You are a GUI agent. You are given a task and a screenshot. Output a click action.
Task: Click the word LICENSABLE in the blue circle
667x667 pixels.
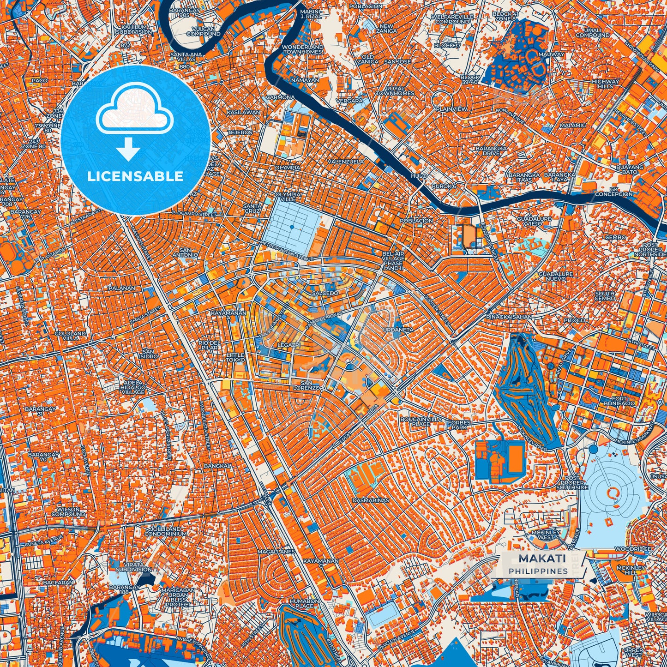pos(136,176)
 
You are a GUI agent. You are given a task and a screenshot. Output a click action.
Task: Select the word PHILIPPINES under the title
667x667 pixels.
pos(538,571)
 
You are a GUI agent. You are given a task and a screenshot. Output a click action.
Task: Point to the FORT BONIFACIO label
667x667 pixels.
pos(619,401)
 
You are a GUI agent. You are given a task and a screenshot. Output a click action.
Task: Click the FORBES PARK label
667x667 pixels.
pos(459,425)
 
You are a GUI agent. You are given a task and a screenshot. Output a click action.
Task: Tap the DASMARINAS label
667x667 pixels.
pos(370,500)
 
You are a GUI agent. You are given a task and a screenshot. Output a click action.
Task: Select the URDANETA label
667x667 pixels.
pos(398,330)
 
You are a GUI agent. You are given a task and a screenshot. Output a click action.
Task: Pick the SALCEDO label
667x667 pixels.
pos(324,293)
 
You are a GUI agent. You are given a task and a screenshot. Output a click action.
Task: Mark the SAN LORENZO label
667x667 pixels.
pos(310,385)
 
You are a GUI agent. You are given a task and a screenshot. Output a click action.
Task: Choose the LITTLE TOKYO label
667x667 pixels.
pos(235,357)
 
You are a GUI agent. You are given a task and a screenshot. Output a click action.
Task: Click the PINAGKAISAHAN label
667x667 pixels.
pos(509,317)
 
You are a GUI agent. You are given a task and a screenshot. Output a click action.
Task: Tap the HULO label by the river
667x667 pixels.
pos(419,176)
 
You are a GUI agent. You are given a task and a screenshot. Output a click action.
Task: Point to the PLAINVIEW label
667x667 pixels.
pos(451,109)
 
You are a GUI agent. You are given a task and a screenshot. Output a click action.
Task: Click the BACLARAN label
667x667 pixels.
pos(58,583)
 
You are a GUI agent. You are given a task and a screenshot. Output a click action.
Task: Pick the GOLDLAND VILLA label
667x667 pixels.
pos(70,336)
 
